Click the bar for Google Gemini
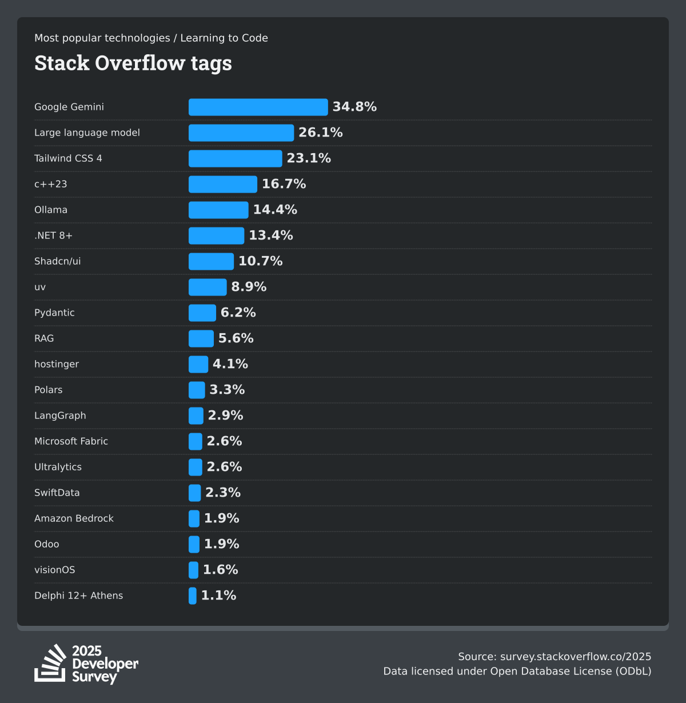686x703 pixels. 258,107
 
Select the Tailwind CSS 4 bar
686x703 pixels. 235,158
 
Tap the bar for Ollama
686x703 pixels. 218,210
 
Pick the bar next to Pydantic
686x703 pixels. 202,313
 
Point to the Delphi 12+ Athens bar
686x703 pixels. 193,596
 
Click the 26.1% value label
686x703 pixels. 320,133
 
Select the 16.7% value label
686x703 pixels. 284,184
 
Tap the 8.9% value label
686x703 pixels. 249,287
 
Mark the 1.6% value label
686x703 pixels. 220,570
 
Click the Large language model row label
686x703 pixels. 87,133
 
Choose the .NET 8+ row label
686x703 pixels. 53,235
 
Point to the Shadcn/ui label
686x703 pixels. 57,261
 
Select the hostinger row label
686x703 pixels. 57,364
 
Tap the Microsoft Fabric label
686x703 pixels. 71,441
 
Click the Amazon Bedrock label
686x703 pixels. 74,518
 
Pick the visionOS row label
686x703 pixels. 54,570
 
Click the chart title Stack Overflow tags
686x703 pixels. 133,63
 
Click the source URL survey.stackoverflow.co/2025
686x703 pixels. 575,657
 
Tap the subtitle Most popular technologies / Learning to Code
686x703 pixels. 151,38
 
